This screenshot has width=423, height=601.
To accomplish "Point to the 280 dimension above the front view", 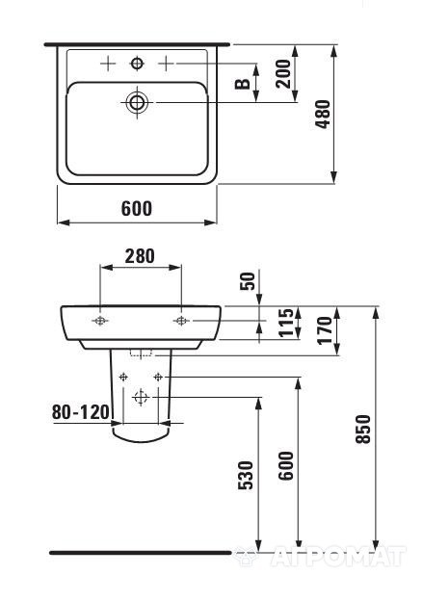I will point(141,256).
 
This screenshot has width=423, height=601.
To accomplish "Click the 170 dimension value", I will point(326,330).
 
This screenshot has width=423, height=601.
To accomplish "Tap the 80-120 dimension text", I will point(79,411).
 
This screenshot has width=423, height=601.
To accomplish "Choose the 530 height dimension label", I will point(246,473).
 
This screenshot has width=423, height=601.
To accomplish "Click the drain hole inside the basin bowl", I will point(137,101).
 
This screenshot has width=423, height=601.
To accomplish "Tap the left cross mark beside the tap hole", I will point(108,64).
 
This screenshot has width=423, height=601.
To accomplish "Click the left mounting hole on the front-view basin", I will point(100,320).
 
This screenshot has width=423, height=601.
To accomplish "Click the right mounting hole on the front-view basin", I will point(180,320).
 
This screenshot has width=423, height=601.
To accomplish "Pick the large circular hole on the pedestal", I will point(141,396).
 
